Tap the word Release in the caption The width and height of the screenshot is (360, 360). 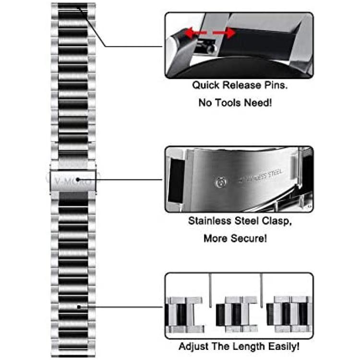tap(242, 85)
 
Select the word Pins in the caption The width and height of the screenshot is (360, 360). tap(276, 85)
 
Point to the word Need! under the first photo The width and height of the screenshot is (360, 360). tap(258, 103)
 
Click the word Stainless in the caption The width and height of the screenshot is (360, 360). tap(210, 221)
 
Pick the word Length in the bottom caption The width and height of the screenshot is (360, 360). tap(250, 347)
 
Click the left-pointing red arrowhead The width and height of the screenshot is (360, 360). tap(190, 33)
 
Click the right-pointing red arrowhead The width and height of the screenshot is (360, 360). tap(230, 33)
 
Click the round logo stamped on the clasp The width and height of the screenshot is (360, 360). tap(221, 182)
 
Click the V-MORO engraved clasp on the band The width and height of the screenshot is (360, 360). tap(73, 181)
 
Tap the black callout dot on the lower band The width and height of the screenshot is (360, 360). tap(79, 307)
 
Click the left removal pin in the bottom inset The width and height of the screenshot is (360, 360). tap(210, 290)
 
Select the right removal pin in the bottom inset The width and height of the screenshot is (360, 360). tap(261, 290)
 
